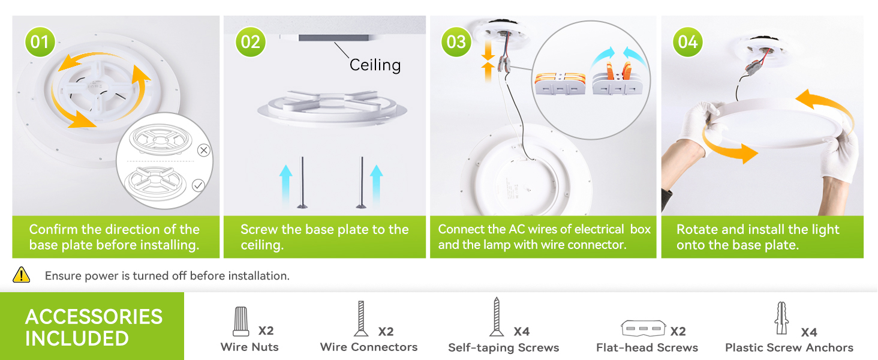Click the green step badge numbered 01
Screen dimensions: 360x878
[x=40, y=42]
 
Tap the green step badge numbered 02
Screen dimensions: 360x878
[x=250, y=42]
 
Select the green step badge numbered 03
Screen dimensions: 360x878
[x=456, y=42]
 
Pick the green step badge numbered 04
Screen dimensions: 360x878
[x=688, y=42]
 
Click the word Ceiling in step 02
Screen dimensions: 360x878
[x=375, y=65]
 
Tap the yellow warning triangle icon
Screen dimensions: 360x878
[x=22, y=275]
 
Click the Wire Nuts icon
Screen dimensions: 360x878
[x=240, y=322]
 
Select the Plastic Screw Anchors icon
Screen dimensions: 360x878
[x=780, y=319]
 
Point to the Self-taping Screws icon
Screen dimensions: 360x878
[x=497, y=316]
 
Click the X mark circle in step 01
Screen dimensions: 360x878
[x=204, y=150]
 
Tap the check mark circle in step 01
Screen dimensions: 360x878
[x=198, y=185]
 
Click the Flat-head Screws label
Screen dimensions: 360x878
[x=647, y=347]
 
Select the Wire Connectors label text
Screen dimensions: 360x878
[x=369, y=347]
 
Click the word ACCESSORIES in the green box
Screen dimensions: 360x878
[x=94, y=316]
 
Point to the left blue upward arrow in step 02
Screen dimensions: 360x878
[x=285, y=185]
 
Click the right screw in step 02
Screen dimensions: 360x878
[x=362, y=182]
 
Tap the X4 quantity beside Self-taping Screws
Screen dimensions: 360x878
[x=521, y=331]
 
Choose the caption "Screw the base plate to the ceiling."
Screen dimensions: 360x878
[x=324, y=237]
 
